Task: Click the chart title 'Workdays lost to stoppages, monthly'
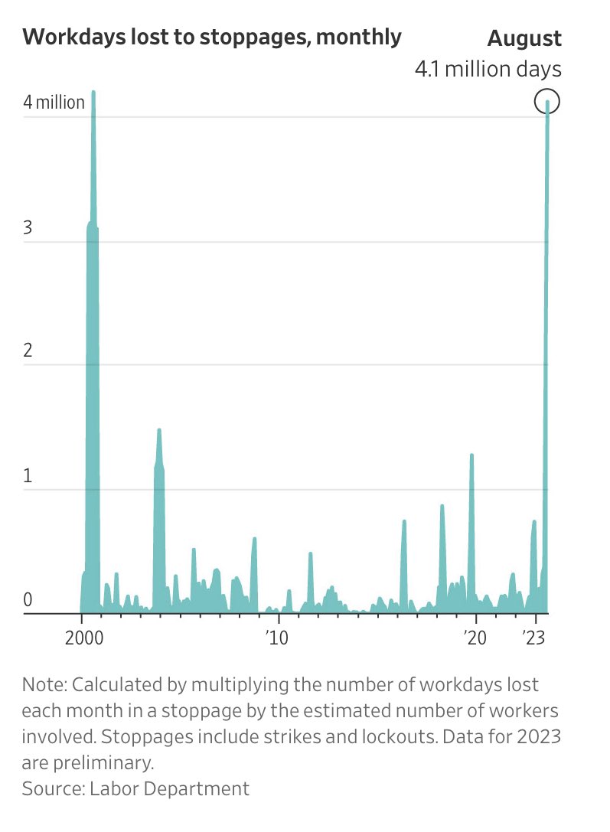click(212, 36)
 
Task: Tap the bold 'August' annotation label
click(524, 38)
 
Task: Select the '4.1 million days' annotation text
click(488, 69)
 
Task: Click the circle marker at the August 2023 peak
click(547, 101)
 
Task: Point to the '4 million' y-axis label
click(54, 102)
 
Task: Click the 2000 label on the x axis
click(81, 638)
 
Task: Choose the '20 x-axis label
click(475, 638)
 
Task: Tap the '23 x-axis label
click(537, 638)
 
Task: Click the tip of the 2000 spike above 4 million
click(93, 92)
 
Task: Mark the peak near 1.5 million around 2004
click(159, 430)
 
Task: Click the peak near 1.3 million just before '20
click(471, 455)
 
